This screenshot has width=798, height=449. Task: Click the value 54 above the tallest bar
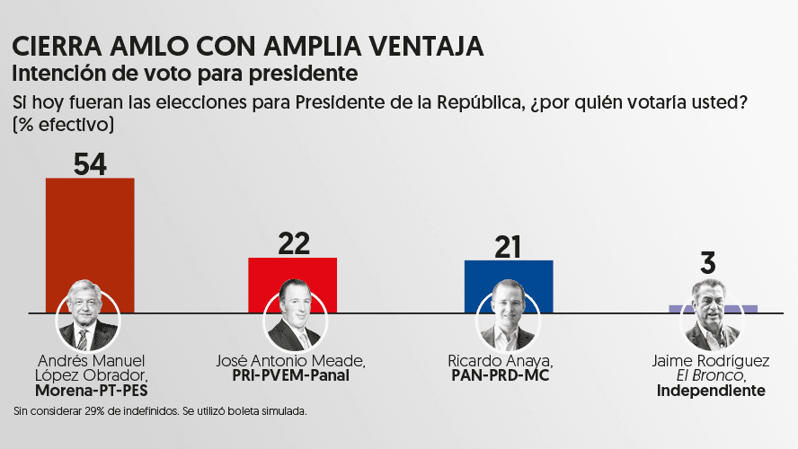point(90,163)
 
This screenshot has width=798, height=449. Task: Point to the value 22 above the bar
point(293,242)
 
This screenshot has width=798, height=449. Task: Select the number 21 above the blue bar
point(509,245)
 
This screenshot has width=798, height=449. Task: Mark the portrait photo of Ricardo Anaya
point(508,320)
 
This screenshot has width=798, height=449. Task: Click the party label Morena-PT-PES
point(91,392)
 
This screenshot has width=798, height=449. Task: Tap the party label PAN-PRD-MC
point(509,376)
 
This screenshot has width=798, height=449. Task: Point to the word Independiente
point(711,392)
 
